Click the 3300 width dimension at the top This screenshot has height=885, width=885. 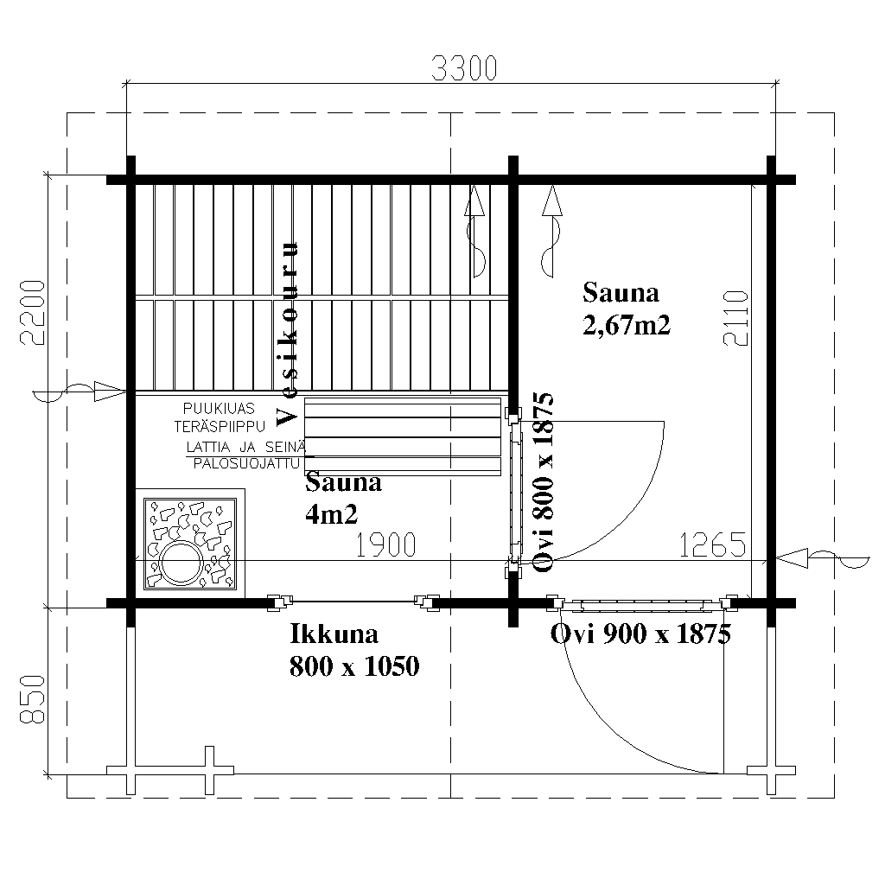(x=464, y=68)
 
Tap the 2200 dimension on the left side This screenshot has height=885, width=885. (x=32, y=312)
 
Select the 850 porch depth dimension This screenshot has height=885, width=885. (x=32, y=698)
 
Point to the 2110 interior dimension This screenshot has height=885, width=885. (x=735, y=318)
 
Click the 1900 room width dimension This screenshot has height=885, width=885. (x=386, y=544)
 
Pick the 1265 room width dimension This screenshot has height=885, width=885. (x=712, y=544)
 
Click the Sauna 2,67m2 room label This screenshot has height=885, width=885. (x=627, y=309)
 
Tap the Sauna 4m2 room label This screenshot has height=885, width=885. (x=343, y=499)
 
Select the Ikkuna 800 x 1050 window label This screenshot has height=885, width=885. (x=354, y=650)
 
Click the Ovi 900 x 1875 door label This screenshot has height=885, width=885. (x=640, y=634)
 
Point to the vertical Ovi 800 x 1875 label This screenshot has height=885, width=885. (x=543, y=481)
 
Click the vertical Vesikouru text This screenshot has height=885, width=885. (x=287, y=334)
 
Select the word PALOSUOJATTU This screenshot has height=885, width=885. (x=246, y=463)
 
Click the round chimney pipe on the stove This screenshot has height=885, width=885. (x=181, y=563)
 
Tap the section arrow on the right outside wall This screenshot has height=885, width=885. (x=823, y=558)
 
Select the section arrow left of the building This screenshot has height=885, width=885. (x=80, y=392)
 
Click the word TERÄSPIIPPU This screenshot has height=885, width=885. (x=220, y=426)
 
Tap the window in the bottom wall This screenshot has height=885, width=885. (x=353, y=602)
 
